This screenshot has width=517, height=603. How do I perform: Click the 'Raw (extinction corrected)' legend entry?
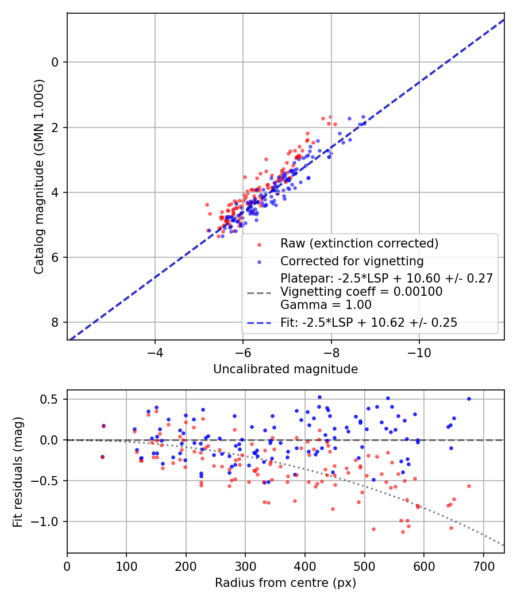pyautogui.click(x=359, y=243)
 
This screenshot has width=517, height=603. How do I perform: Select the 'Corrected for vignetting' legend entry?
pyautogui.click(x=352, y=261)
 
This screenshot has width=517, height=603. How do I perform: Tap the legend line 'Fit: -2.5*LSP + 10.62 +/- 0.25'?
pyautogui.click(x=369, y=323)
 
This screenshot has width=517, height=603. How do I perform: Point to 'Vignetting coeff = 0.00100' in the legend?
pyautogui.click(x=361, y=292)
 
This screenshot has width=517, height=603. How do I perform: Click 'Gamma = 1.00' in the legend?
pyautogui.click(x=326, y=305)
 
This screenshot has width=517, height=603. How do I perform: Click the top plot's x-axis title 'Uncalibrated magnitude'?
pyautogui.click(x=285, y=369)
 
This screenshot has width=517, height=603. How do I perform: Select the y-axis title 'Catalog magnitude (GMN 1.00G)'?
pyautogui.click(x=39, y=176)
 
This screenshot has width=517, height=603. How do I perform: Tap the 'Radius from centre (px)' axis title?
pyautogui.click(x=285, y=583)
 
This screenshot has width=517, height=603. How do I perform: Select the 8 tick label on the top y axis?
pyautogui.click(x=56, y=322)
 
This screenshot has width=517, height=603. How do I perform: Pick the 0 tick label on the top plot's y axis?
pyautogui.click(x=56, y=62)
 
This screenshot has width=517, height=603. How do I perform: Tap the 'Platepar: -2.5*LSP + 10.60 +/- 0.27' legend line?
pyautogui.click(x=387, y=279)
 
